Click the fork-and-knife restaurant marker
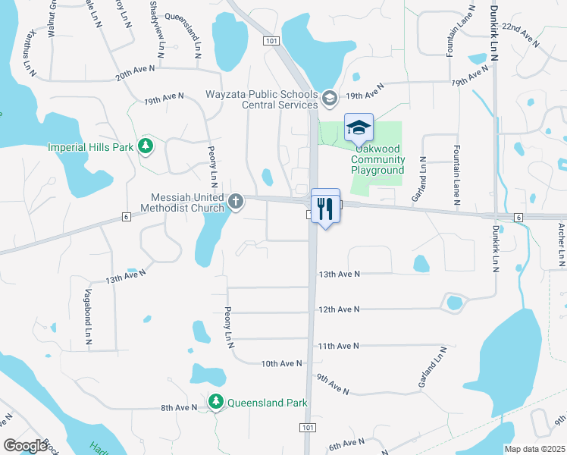click(325, 207)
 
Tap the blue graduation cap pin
click(359, 128)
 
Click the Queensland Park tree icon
click(217, 403)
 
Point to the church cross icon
click(237, 202)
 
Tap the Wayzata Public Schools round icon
click(329, 98)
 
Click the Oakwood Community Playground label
click(377, 165)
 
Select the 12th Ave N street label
click(338, 309)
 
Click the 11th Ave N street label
click(338, 346)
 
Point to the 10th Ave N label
click(281, 364)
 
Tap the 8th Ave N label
click(179, 408)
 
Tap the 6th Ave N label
click(346, 444)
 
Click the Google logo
click(25, 446)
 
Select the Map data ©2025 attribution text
click(534, 449)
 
